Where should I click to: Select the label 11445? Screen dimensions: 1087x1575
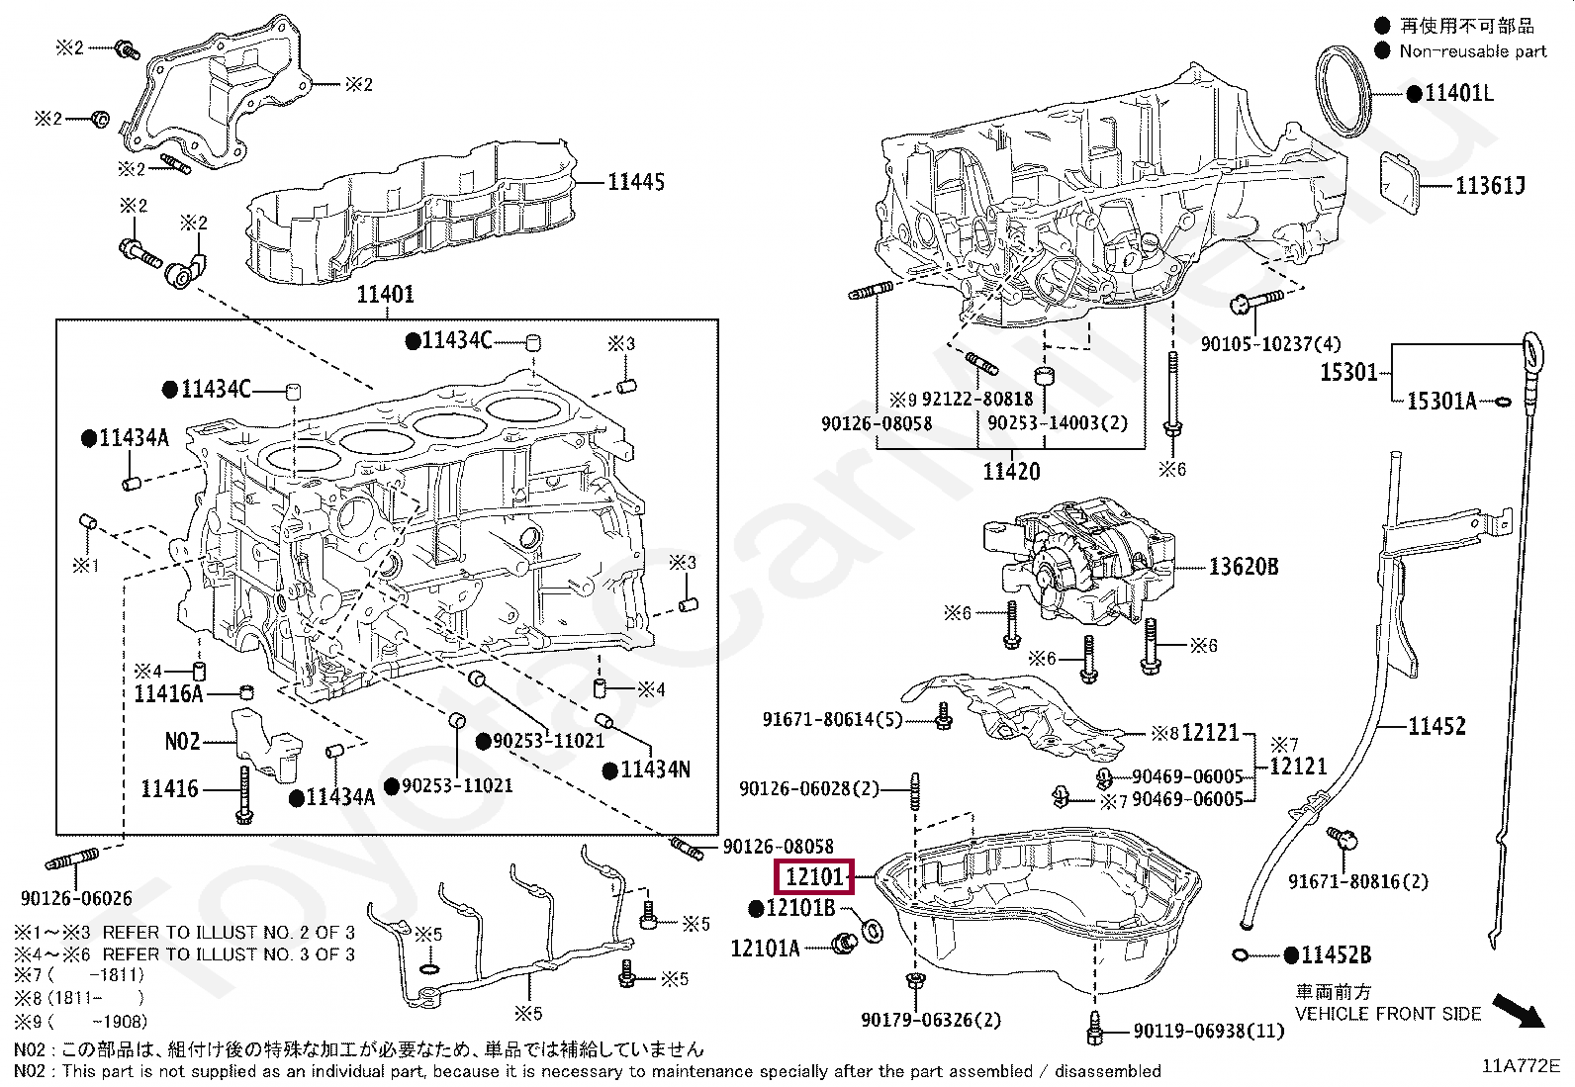(x=635, y=182)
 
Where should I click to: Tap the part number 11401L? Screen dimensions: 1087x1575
(x=1458, y=94)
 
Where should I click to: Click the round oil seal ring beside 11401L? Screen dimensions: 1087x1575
(x=1346, y=91)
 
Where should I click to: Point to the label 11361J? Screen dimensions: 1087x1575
(x=1490, y=185)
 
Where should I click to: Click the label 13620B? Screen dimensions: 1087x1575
(x=1243, y=567)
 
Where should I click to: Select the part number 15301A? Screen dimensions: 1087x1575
(x=1440, y=401)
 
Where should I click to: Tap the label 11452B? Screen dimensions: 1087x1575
(x=1336, y=955)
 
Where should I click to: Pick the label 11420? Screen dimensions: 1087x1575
(x=1010, y=472)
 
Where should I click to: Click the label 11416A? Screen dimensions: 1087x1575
(x=168, y=693)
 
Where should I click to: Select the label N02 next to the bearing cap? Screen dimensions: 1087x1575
(x=182, y=741)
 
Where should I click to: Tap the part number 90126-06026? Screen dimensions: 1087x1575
(x=76, y=898)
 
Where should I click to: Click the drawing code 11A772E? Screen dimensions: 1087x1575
(x=1520, y=1066)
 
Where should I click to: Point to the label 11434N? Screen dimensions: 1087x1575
(x=656, y=770)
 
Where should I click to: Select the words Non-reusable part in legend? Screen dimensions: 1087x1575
(x=1472, y=51)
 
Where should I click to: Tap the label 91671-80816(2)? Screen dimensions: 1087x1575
(x=1357, y=881)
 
